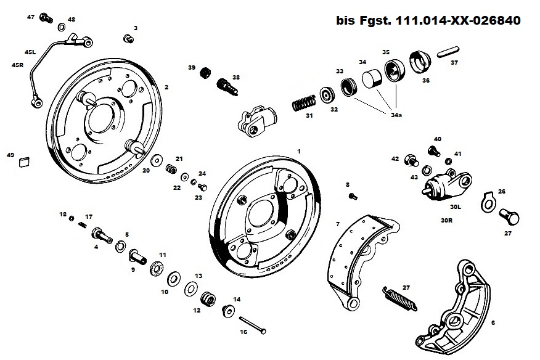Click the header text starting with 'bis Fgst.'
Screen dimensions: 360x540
coord(428,20)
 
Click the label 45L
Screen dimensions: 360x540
coord(30,52)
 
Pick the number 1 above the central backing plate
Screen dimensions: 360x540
coord(299,150)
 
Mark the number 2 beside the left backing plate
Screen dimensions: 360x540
coord(166,88)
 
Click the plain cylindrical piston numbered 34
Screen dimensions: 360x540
coord(371,80)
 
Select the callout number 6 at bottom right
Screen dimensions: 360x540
coord(493,322)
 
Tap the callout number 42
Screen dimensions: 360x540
coord(395,159)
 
